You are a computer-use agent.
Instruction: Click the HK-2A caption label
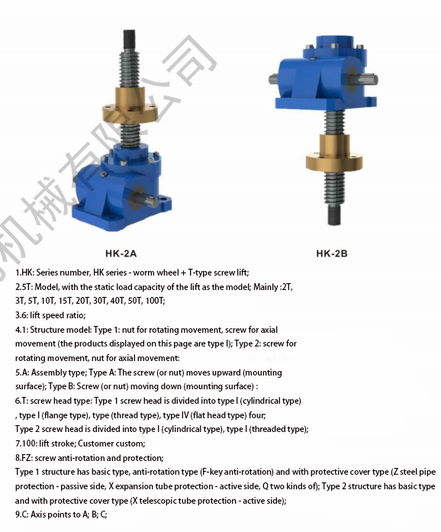[121, 253]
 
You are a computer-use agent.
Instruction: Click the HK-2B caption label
[332, 253]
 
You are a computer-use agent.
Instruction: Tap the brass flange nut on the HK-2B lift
[334, 153]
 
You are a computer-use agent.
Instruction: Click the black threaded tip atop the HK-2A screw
[129, 37]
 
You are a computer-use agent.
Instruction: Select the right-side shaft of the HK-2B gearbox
[368, 79]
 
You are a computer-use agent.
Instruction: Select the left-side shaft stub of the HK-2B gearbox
[273, 79]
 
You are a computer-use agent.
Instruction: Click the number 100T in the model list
[155, 301]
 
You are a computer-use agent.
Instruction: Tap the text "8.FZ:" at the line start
[24, 458]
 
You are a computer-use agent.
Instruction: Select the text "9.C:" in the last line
[21, 514]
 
